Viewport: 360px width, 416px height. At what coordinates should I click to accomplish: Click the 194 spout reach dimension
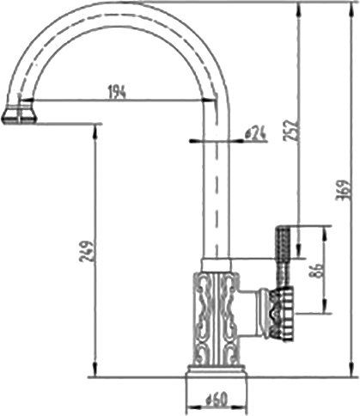(117, 92)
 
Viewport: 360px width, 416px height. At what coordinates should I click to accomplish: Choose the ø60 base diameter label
(216, 400)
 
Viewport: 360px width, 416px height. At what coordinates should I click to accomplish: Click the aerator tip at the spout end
(18, 113)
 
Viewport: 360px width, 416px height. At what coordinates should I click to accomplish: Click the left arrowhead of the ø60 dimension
(191, 400)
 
